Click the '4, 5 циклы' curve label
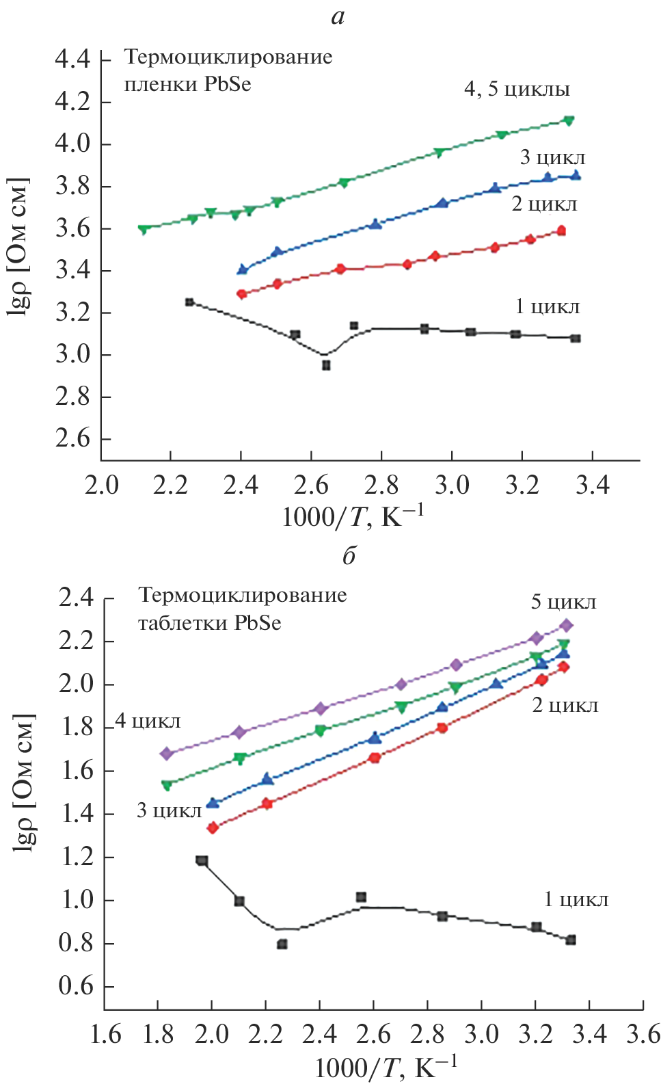click(x=517, y=90)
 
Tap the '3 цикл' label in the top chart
click(x=552, y=158)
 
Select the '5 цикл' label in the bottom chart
click(x=563, y=602)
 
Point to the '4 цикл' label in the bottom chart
click(x=148, y=721)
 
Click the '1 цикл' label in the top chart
click(x=547, y=307)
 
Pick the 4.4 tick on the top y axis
click(x=72, y=60)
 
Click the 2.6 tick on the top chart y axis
click(x=72, y=439)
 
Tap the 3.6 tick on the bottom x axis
click(x=643, y=1034)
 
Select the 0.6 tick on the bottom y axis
click(x=76, y=987)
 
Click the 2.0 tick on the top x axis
click(x=101, y=486)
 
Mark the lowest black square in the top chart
click(x=326, y=365)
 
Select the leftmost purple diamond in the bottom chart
click(x=166, y=754)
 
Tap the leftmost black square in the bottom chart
click(x=202, y=860)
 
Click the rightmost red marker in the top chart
click(x=561, y=231)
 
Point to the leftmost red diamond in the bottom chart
click(x=213, y=828)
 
